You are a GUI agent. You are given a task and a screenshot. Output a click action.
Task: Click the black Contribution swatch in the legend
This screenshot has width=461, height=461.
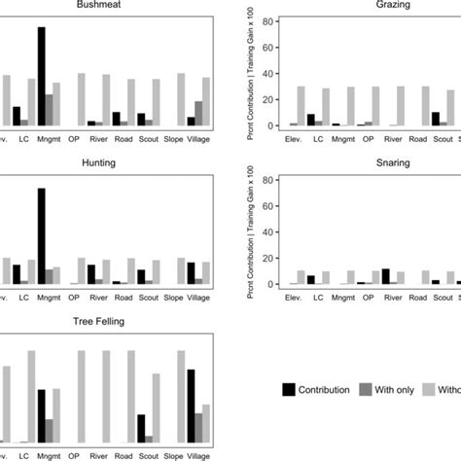290,390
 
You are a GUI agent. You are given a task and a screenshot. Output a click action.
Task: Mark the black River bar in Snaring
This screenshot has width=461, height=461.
385,276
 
